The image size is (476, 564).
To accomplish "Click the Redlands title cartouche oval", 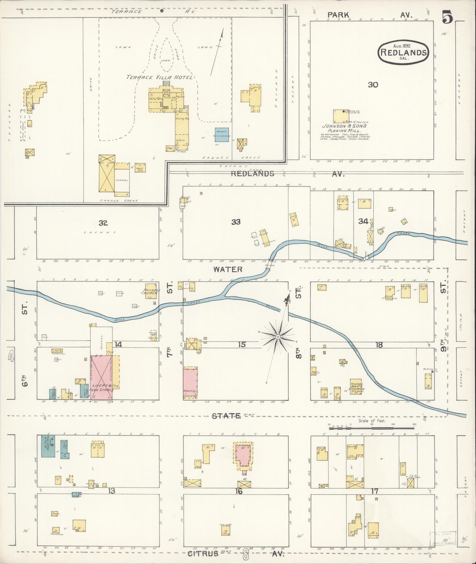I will click(x=404, y=52).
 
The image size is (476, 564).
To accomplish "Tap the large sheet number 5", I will click(x=447, y=17).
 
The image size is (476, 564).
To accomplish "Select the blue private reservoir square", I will click(x=222, y=135).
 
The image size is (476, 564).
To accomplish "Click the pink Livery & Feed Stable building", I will click(x=102, y=377).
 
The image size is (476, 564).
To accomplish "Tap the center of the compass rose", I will click(x=278, y=337).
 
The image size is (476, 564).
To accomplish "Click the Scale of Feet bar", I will click(x=372, y=428).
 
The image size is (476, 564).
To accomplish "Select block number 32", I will click(x=103, y=223).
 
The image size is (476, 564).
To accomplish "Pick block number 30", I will click(x=373, y=85).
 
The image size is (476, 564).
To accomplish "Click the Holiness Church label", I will click(x=151, y=291).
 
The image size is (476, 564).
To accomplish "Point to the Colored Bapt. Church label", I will click(x=357, y=387).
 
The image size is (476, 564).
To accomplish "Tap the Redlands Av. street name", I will click(x=253, y=174).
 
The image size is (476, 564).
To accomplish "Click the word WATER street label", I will click(x=228, y=269).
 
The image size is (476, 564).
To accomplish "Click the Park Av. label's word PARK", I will click(x=338, y=15).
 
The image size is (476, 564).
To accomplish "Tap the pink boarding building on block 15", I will click(x=190, y=383).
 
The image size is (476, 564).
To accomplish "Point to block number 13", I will click(x=111, y=491).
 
